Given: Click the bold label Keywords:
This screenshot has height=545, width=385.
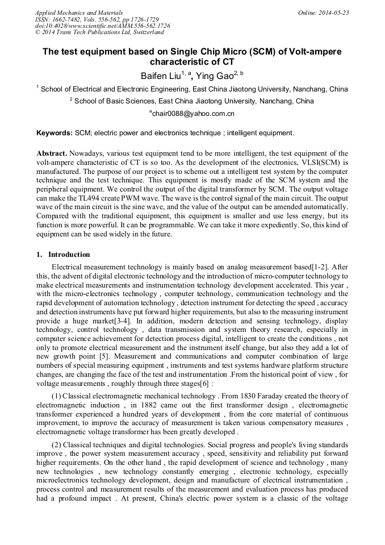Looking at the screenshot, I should (x=55, y=133).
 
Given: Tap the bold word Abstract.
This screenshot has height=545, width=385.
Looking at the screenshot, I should (x=52, y=154).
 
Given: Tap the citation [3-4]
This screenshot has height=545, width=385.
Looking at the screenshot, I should (x=123, y=321).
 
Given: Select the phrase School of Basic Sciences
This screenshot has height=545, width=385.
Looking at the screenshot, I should (x=116, y=101).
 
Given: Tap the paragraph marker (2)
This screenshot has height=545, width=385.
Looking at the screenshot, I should (x=57, y=444).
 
